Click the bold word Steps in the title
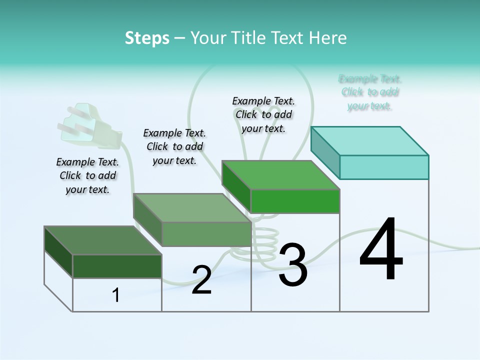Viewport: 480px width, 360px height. (147, 38)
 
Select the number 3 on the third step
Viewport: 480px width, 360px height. (292, 265)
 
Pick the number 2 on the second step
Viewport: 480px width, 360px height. (201, 279)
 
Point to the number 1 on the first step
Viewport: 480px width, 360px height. (116, 295)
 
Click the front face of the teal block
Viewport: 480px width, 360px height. (384, 167)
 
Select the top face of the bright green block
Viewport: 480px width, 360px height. (280, 175)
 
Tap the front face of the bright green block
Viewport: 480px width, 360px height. (295, 201)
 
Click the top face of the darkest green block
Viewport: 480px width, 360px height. (102, 240)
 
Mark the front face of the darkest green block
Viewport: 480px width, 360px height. (117, 266)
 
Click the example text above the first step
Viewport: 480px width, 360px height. (87, 175)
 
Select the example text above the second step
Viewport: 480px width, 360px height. (174, 146)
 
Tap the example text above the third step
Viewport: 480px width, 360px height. (263, 114)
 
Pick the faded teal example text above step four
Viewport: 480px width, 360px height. (370, 92)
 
